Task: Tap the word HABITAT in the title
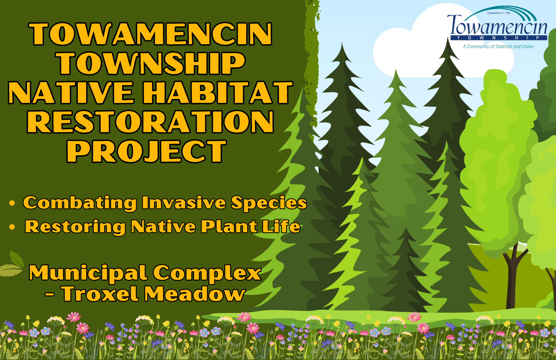point(218,93)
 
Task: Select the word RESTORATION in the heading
point(150,122)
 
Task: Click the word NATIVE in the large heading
point(71,93)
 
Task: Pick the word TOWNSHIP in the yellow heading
point(151,63)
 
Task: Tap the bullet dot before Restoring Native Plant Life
point(12,227)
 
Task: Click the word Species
point(269,203)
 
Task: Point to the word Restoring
point(75,227)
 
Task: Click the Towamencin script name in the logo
point(497,26)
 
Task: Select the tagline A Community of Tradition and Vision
point(498,46)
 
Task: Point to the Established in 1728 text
point(498,13)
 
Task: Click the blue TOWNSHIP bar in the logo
point(499,38)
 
